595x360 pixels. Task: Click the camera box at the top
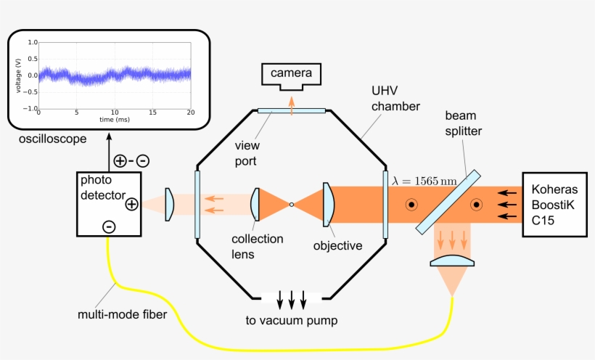[291, 74]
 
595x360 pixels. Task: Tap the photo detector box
[108, 203]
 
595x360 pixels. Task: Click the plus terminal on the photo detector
[131, 204]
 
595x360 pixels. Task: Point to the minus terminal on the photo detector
[108, 226]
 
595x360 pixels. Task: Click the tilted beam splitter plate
[448, 202]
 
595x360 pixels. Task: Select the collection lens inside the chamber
[255, 205]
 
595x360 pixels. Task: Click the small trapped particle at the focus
[292, 205]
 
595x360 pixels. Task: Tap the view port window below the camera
[291, 110]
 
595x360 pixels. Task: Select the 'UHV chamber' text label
[395, 99]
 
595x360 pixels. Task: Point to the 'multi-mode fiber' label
[121, 314]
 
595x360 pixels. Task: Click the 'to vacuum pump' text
[291, 320]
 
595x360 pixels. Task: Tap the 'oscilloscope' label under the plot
[52, 138]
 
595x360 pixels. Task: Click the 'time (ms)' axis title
[115, 118]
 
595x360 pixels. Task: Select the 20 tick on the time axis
[190, 112]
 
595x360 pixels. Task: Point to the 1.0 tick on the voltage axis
[32, 42]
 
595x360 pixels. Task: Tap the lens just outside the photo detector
[169, 205]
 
